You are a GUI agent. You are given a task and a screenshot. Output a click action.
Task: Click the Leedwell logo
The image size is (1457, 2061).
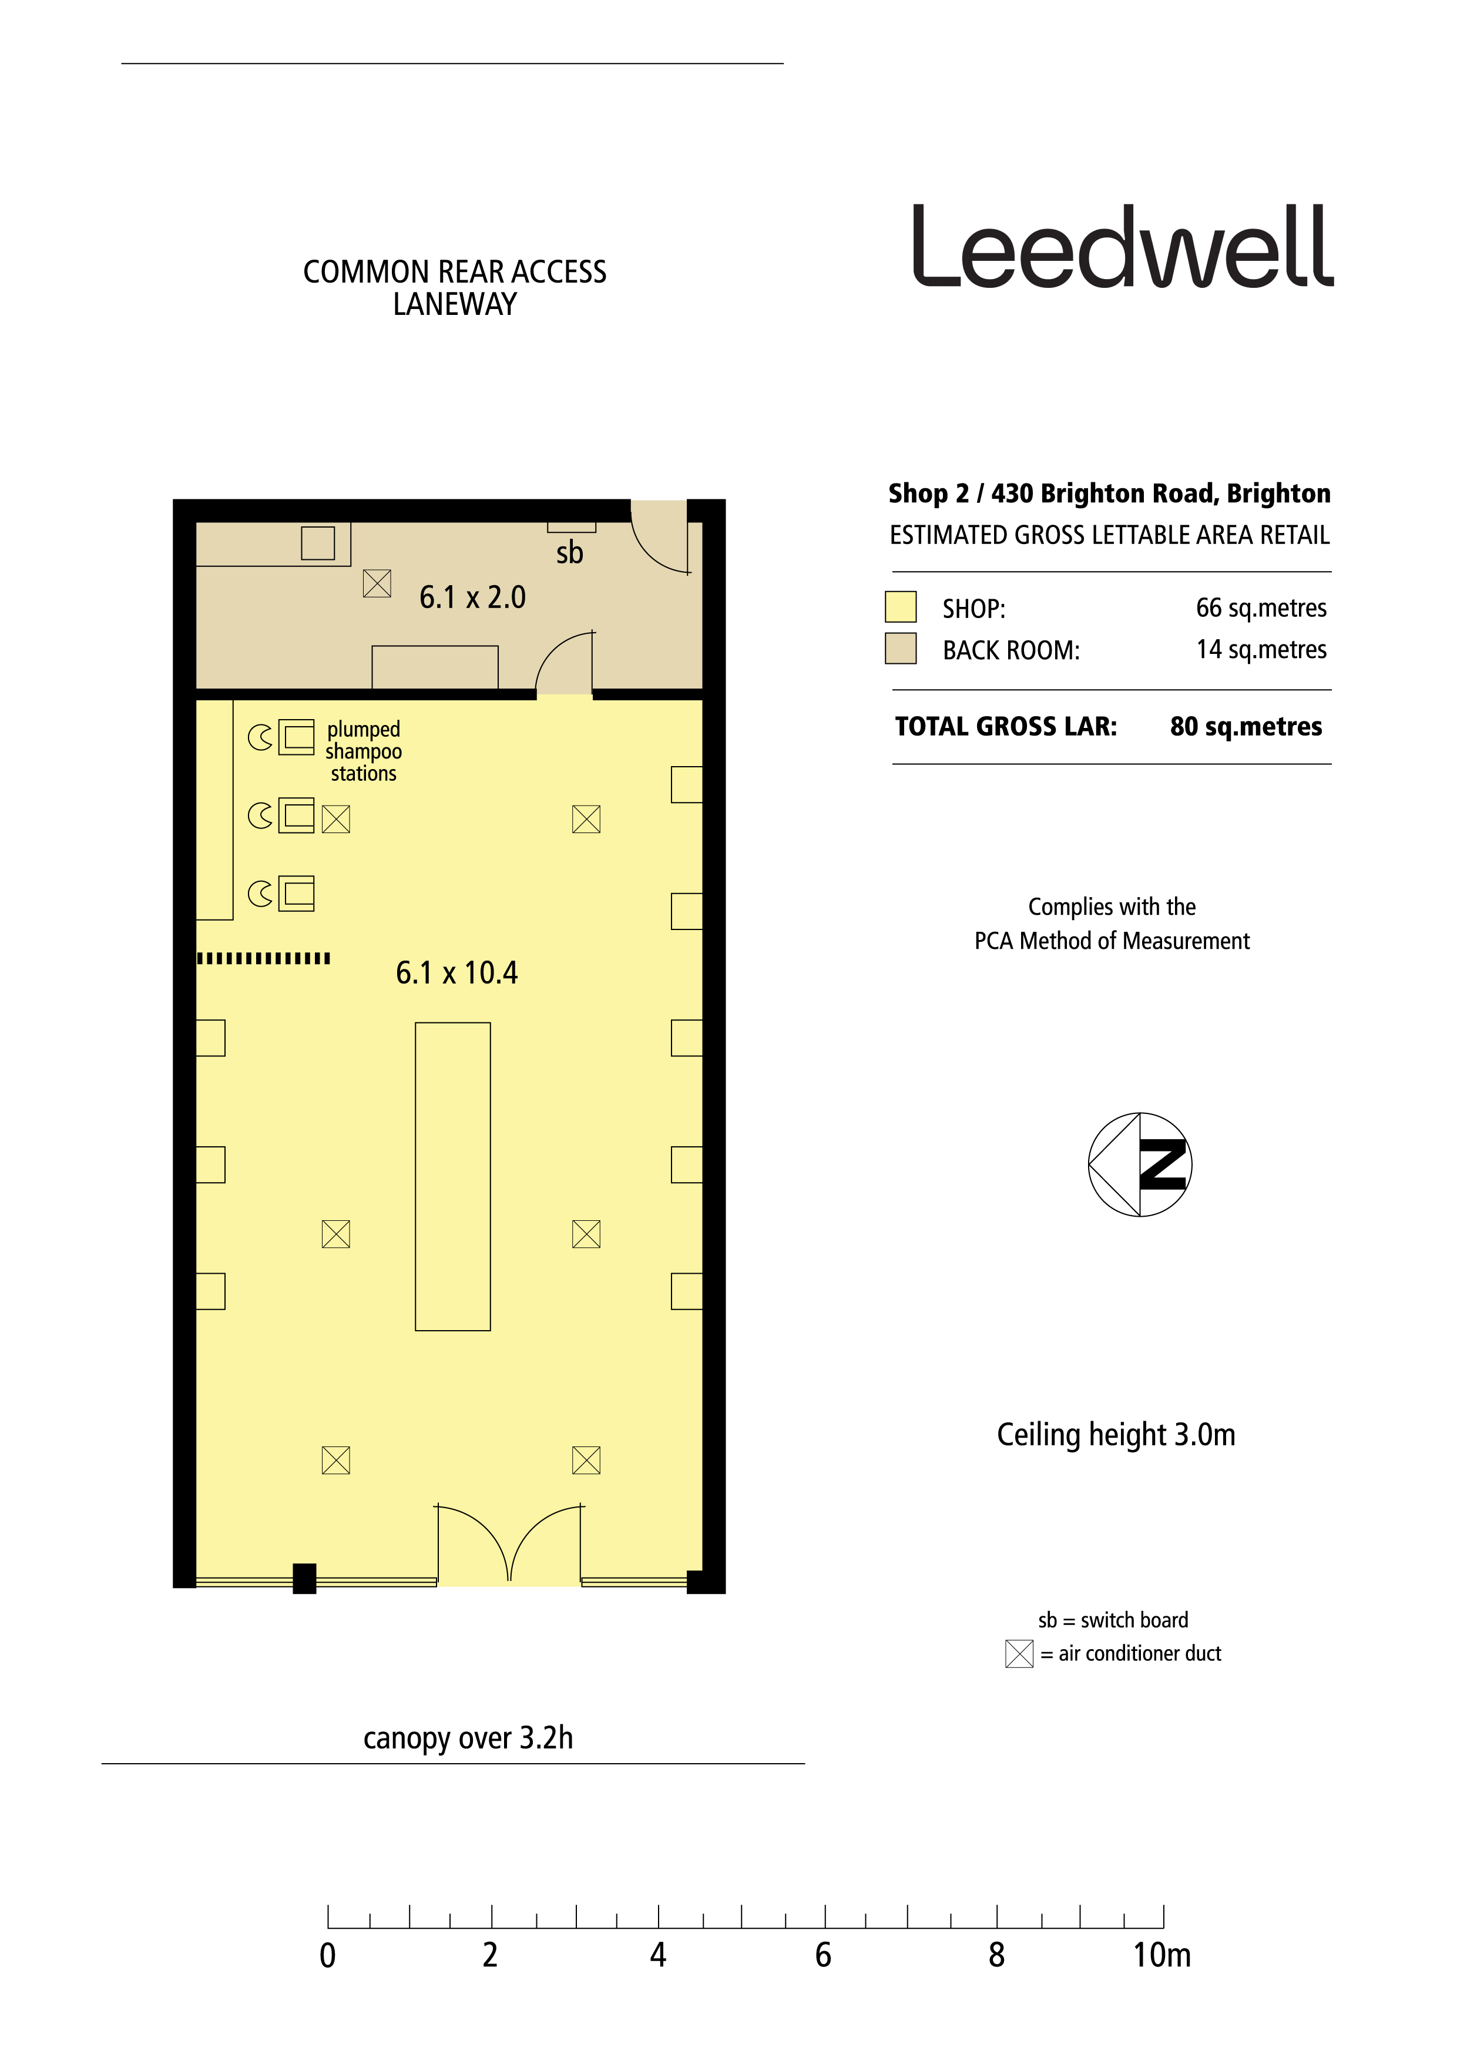pos(1122,246)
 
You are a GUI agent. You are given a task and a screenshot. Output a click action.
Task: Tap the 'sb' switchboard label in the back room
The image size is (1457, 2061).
pos(569,552)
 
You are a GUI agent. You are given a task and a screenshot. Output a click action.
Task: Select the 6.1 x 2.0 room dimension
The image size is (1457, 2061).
pos(472,597)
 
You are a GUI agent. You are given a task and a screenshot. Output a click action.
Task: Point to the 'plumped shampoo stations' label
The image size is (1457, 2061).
pos(364,751)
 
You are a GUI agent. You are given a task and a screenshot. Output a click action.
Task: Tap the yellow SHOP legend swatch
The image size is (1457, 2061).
pos(901,607)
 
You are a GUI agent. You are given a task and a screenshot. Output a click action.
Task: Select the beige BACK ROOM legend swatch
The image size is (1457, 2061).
pos(901,648)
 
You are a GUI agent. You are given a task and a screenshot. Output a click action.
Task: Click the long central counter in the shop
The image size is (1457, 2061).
pos(452,1176)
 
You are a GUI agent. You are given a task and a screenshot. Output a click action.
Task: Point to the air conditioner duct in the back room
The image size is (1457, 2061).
pos(377,583)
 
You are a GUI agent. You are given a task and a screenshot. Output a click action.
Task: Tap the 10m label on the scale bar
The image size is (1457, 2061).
pos(1161,1955)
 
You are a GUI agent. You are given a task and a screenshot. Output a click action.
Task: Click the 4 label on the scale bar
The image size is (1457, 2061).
pos(658,1955)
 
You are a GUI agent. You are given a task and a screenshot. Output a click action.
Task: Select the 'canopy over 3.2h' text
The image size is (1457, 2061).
pos(468,1738)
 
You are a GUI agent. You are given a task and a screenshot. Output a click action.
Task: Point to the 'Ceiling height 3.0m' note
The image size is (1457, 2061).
pos(1116,1435)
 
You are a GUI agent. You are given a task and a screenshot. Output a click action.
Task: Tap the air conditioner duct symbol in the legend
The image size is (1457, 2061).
pos(1019,1653)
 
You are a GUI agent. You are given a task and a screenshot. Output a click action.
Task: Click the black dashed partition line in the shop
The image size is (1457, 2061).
pos(264,959)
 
